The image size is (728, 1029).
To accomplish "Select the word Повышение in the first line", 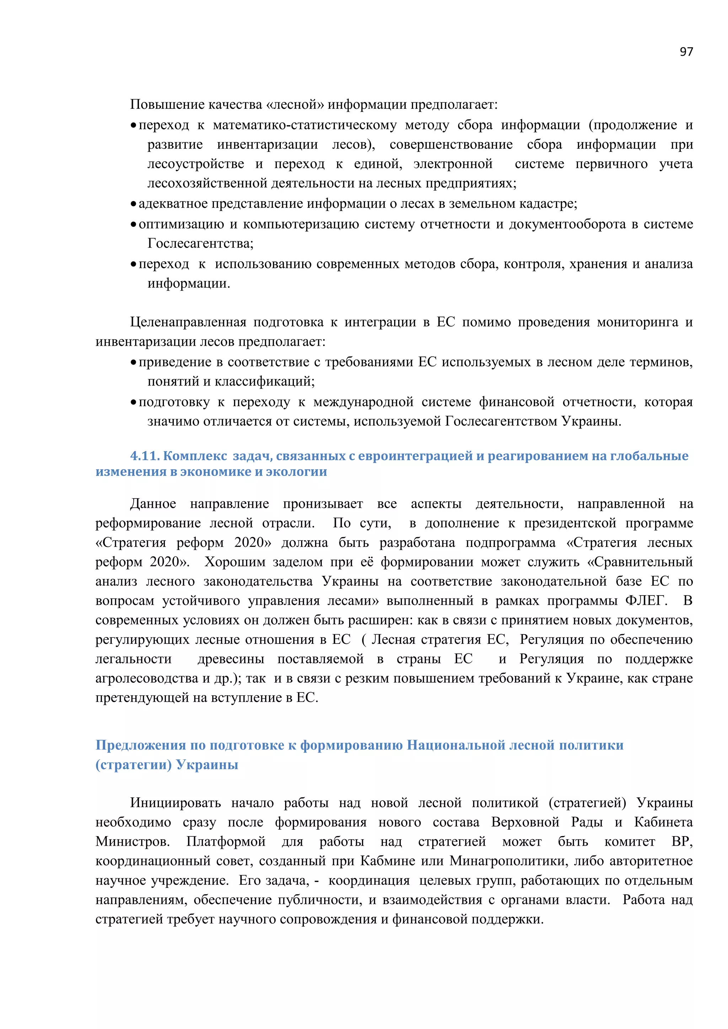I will (162, 105).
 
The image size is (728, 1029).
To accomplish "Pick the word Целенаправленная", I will (188, 322).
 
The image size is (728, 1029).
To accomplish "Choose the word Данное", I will (153, 504).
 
